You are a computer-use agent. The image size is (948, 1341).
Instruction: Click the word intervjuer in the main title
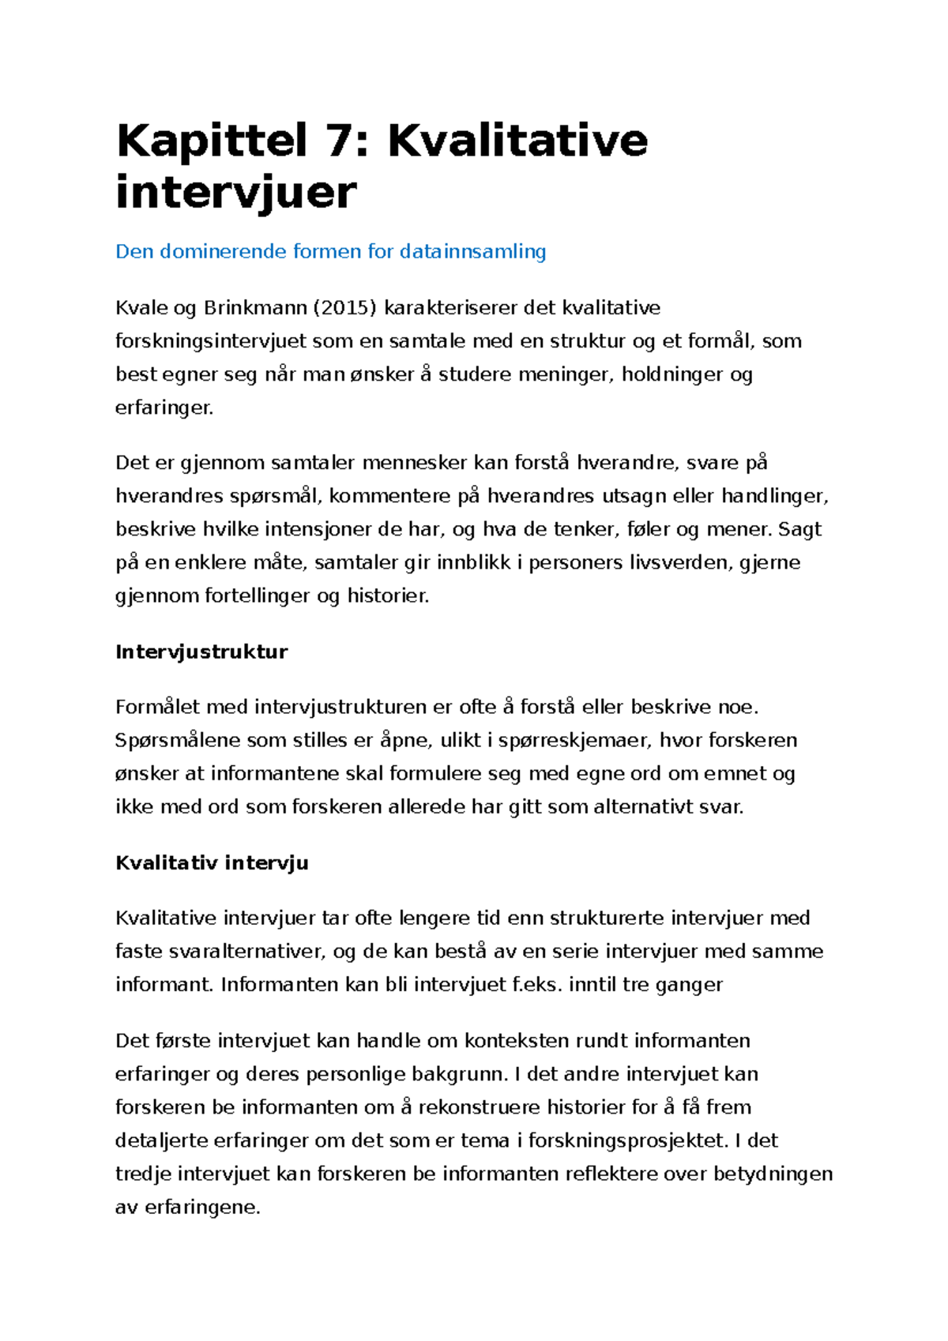pos(235,193)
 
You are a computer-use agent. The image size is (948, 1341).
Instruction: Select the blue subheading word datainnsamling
pos(472,251)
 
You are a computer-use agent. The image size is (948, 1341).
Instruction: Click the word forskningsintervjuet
pos(211,341)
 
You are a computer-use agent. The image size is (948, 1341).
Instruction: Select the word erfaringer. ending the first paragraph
pos(164,408)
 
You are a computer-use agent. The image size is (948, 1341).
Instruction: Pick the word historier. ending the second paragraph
pos(388,595)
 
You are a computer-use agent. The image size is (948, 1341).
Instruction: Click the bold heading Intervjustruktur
pos(201,652)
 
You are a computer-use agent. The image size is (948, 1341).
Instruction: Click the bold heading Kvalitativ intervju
pos(212,862)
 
